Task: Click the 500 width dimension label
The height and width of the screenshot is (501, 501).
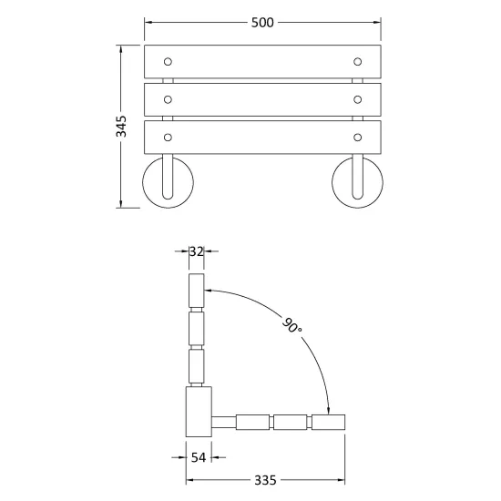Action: tap(262, 23)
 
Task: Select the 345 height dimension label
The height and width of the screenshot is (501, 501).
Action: tap(121, 127)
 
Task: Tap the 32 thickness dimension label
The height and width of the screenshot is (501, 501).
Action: tap(196, 251)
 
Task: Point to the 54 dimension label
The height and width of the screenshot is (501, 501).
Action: tap(199, 457)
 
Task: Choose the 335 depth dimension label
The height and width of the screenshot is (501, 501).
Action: tap(265, 480)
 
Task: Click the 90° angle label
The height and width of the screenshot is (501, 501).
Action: tap(291, 324)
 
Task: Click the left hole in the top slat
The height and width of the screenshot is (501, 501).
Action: tap(168, 62)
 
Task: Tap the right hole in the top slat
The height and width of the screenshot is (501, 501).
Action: tap(358, 62)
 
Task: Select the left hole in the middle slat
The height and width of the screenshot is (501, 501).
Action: tap(168, 99)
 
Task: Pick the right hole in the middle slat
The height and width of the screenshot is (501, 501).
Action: tap(358, 99)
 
